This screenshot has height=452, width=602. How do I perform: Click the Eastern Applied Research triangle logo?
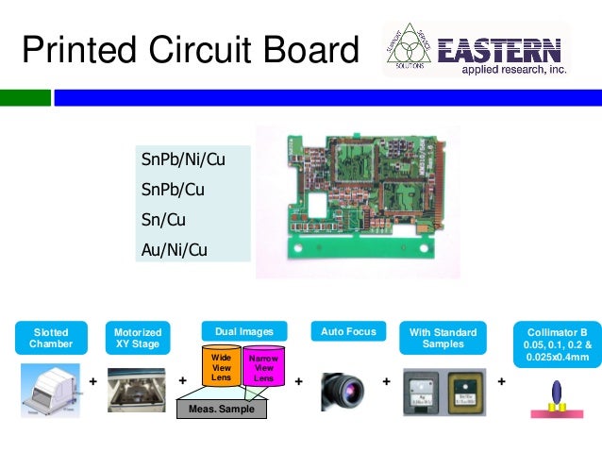(411, 48)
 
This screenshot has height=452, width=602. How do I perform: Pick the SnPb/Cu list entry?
(173, 190)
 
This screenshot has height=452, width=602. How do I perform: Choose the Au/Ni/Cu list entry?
(174, 250)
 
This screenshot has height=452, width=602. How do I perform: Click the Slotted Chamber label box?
(51, 338)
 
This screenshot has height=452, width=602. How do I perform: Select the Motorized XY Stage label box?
(138, 338)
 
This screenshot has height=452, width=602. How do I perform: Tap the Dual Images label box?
(244, 331)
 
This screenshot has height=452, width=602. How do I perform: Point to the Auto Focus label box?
(348, 331)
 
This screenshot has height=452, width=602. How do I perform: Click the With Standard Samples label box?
(443, 338)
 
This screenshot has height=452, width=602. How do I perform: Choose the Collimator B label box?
(556, 343)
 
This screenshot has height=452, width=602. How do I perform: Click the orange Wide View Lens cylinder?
(221, 368)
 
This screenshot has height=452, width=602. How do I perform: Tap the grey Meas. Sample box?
(222, 409)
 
